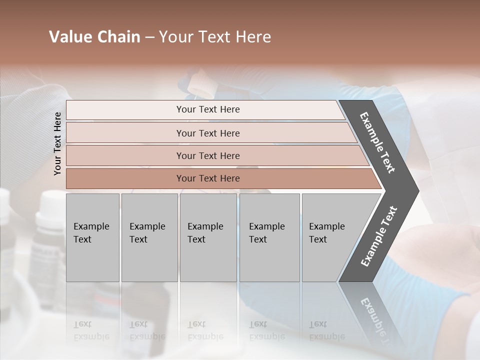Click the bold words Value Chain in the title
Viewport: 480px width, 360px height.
coord(94,37)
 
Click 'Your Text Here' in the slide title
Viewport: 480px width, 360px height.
coord(215,37)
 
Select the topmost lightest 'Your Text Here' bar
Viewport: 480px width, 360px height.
coord(207,109)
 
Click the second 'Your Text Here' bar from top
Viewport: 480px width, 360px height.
coord(207,133)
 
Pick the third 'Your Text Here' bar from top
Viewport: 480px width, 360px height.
coord(207,155)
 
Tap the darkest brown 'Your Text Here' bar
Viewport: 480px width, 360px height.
coord(207,178)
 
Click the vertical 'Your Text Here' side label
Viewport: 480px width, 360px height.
coord(57,143)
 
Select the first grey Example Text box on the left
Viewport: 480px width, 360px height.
coord(92,237)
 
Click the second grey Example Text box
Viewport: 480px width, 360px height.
coord(149,237)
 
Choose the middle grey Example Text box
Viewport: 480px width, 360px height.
coord(208,237)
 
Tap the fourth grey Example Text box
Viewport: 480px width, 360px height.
coord(269,237)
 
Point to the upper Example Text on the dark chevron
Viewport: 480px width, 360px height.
coord(377,142)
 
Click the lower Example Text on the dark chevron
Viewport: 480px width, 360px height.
coord(379,236)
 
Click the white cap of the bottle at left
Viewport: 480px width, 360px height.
coord(52,202)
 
